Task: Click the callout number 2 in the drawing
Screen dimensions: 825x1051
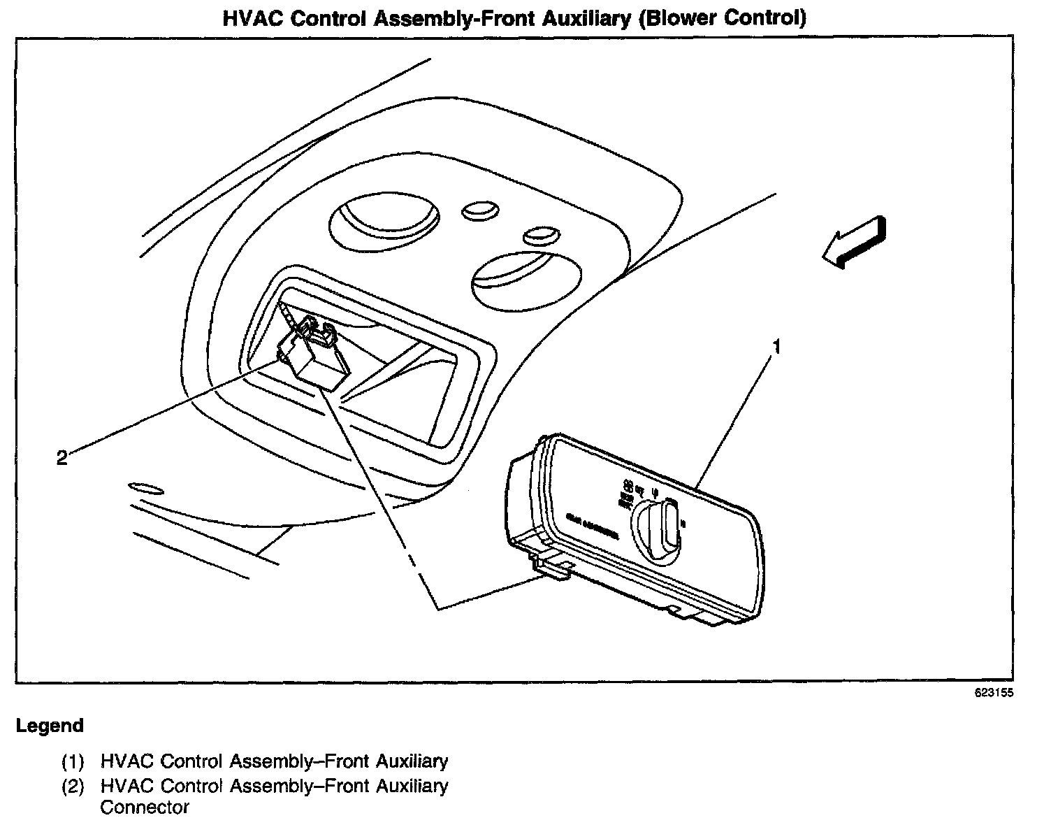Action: point(62,458)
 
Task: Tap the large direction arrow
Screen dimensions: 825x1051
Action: point(854,242)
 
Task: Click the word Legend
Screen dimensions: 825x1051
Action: point(50,726)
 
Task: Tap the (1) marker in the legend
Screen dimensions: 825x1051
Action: point(73,761)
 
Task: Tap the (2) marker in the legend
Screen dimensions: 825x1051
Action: point(73,787)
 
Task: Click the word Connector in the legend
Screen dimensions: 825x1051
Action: point(145,808)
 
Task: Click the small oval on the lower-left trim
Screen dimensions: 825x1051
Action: point(146,487)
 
